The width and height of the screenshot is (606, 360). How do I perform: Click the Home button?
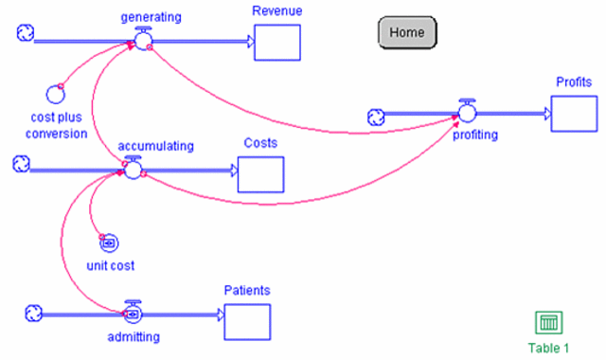pos(407,32)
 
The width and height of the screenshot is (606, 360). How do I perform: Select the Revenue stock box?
pos(277,42)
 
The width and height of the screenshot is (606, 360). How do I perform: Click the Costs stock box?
pos(260,174)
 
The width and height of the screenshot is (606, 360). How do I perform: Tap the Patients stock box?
pos(247,321)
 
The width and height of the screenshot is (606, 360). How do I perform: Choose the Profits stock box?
pos(574,114)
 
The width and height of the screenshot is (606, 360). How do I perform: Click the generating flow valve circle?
pos(142,41)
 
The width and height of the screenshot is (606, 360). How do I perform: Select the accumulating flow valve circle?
pos(133,170)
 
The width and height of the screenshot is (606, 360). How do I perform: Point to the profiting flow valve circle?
pos(467,114)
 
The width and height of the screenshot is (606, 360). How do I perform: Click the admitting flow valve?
pos(134,313)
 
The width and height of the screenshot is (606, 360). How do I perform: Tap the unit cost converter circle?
pos(109,243)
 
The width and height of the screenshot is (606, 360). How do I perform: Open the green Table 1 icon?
pos(548,323)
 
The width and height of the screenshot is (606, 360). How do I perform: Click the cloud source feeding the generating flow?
pos(26,34)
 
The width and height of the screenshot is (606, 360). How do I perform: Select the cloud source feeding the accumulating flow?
pos(21,165)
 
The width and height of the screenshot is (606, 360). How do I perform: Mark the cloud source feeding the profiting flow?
pos(376,117)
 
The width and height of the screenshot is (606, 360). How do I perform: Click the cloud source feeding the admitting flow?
pos(33,312)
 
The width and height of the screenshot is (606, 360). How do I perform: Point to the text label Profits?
pos(574,81)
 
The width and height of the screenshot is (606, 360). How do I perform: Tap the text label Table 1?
pos(548,348)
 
